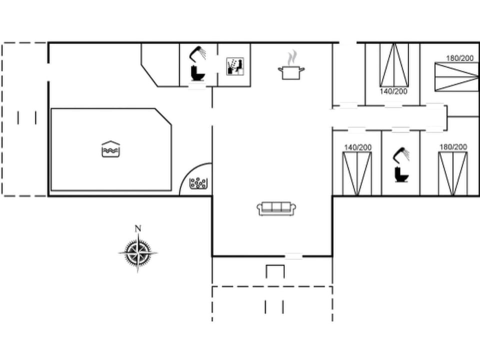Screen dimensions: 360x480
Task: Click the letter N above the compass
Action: [138, 229]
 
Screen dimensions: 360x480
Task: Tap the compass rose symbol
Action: [138, 252]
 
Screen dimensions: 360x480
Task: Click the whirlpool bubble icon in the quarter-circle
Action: [198, 184]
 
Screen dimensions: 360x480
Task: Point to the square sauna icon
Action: [235, 66]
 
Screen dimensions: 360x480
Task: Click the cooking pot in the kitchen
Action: [291, 72]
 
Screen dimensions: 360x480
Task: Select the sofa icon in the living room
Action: [277, 208]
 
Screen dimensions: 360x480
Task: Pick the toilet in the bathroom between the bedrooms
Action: [401, 174]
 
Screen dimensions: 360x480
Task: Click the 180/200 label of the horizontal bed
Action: [459, 58]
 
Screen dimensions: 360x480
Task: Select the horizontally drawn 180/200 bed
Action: [456, 76]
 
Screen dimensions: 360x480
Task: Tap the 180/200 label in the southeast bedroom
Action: [453, 147]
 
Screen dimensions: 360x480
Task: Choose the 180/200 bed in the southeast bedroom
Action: [453, 173]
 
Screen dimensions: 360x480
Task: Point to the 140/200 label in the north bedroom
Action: [393, 91]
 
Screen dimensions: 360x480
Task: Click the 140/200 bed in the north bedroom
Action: [394, 65]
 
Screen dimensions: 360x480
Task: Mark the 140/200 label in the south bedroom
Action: [357, 147]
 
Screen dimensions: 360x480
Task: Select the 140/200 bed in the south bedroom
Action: [357, 173]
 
